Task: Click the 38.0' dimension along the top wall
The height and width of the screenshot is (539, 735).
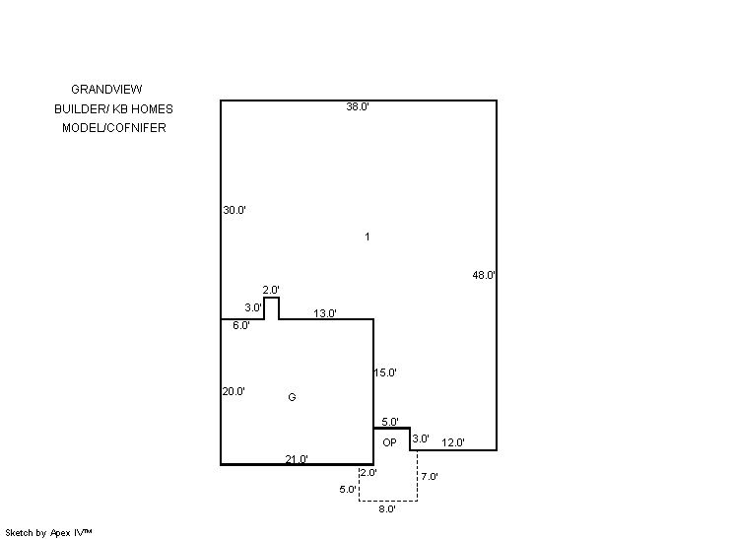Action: click(358, 106)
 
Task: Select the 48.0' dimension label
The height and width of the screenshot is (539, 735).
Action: click(484, 275)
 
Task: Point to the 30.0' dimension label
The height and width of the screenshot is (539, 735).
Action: click(234, 210)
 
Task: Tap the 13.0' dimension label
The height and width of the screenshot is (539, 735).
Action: click(325, 313)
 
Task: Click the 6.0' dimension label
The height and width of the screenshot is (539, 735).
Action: click(241, 325)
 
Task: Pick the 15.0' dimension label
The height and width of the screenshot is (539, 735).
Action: click(385, 372)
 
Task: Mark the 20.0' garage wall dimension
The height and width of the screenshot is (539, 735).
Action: click(234, 391)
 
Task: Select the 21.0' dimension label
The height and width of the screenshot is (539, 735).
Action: click(297, 459)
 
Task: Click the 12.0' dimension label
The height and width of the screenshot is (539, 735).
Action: click(453, 442)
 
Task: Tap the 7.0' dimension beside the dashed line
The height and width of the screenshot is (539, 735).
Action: click(430, 476)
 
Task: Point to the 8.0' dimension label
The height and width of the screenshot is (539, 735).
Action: click(387, 509)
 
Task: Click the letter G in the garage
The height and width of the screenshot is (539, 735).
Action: click(292, 397)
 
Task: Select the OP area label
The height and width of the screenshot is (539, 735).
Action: click(389, 442)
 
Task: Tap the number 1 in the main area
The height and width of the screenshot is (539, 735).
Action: click(367, 236)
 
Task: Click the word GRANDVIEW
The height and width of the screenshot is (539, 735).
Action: click(106, 89)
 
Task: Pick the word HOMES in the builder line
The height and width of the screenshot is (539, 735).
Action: click(152, 109)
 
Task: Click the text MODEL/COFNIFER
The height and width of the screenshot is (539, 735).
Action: click(114, 128)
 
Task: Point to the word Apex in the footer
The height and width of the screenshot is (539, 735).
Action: click(60, 533)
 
